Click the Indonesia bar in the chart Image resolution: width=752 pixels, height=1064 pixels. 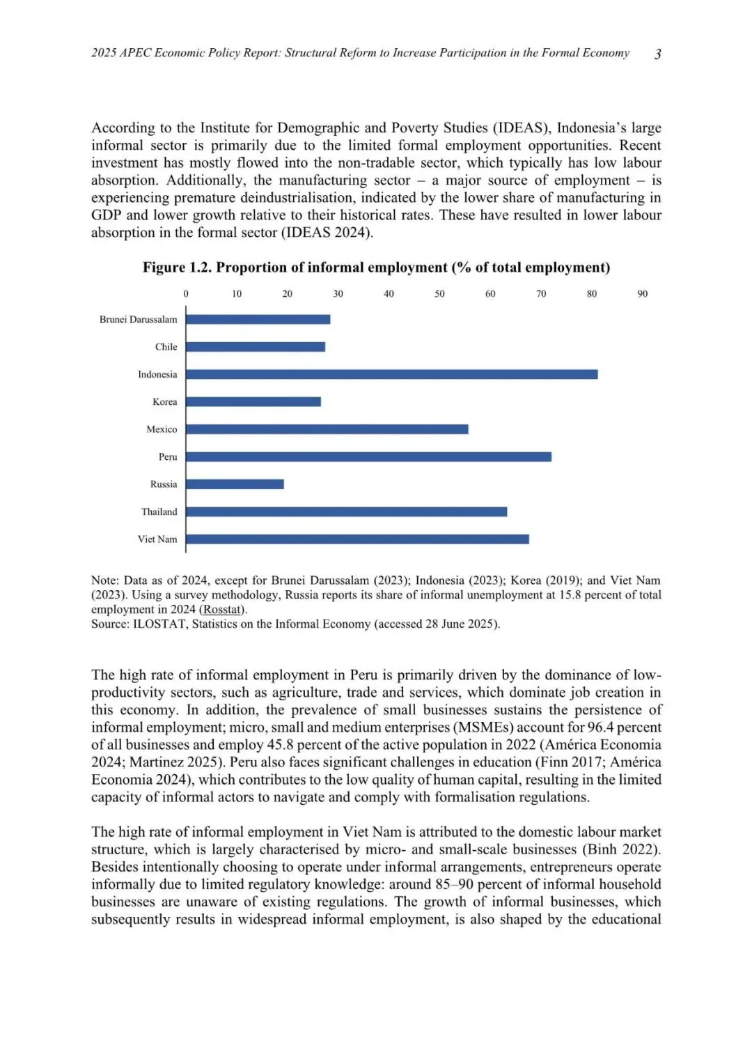[391, 374]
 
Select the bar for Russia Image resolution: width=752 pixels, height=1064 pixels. [235, 484]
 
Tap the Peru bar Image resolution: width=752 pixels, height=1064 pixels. [368, 457]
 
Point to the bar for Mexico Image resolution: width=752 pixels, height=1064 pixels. [327, 429]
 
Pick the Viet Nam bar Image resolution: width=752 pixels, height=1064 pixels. [357, 539]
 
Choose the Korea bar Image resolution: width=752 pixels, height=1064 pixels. [253, 402]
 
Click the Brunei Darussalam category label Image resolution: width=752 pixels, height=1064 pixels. [138, 320]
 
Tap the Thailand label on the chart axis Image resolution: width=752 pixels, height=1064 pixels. [159, 512]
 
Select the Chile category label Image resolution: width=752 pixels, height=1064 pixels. [166, 347]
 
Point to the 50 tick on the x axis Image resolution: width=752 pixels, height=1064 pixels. [439, 294]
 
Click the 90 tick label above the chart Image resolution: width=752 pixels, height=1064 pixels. [642, 294]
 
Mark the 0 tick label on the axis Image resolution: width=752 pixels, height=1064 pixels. [186, 294]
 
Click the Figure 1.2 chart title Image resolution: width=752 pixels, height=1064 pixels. [376, 268]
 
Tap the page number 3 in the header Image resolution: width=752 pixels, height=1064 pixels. [658, 54]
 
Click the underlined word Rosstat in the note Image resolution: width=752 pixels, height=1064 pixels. [222, 610]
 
